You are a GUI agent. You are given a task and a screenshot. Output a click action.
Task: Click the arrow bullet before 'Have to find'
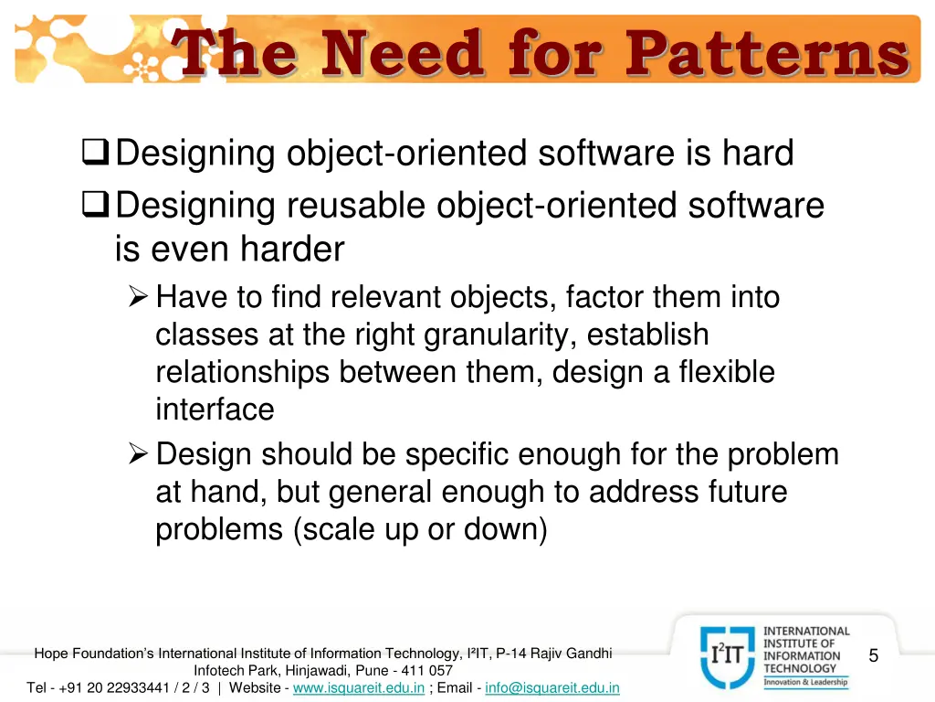[138, 297]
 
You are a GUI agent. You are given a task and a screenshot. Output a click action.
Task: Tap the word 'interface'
[215, 409]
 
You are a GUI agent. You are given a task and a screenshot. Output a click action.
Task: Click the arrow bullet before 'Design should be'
[138, 454]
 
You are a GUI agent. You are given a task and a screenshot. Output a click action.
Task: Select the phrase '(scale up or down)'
[420, 529]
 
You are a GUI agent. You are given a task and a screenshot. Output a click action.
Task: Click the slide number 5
[874, 655]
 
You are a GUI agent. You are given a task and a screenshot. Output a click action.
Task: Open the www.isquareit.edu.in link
[358, 687]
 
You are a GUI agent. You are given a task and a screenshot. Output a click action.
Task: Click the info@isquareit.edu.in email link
[552, 687]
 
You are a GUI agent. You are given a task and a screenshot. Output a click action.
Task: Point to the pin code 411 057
[423, 670]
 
